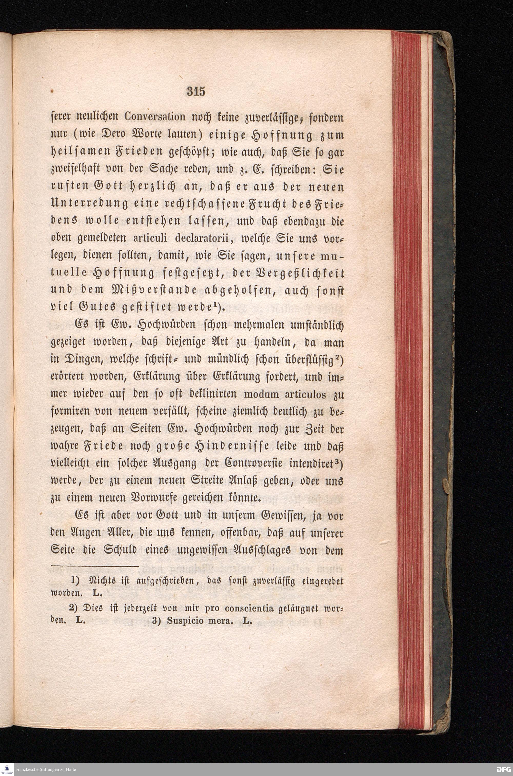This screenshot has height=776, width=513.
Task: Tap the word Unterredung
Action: [88, 206]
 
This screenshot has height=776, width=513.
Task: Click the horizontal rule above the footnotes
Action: [95, 566]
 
